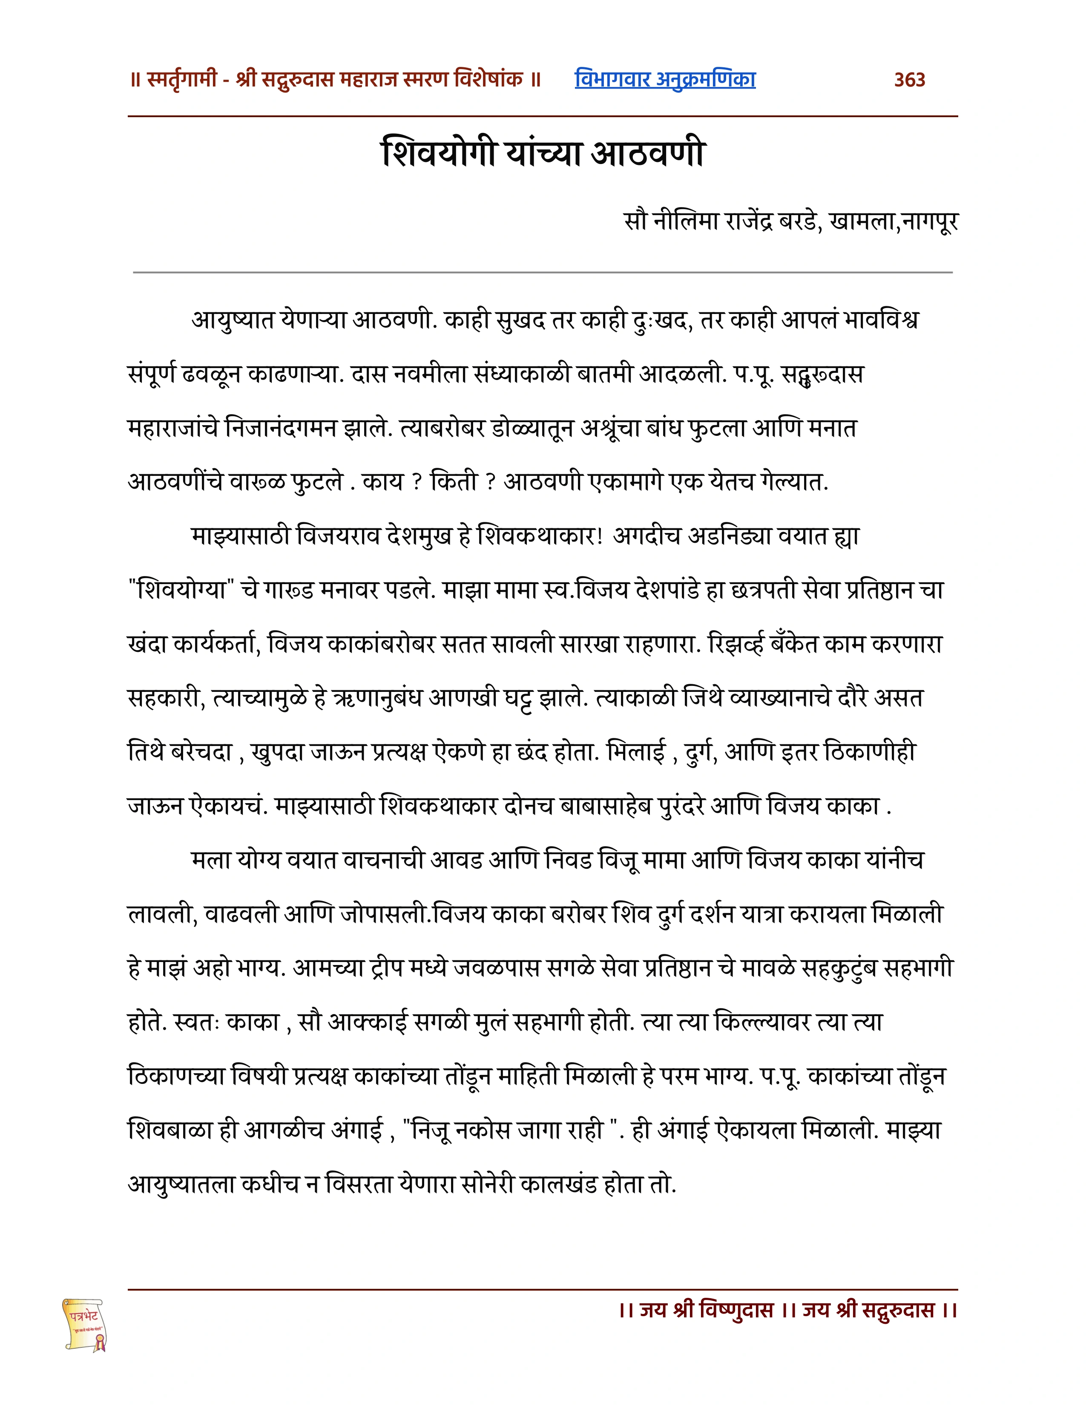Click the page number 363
[909, 80]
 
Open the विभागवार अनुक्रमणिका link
[665, 79]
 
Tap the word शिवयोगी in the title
[438, 154]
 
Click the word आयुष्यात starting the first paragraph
[233, 320]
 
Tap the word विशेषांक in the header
[488, 80]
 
